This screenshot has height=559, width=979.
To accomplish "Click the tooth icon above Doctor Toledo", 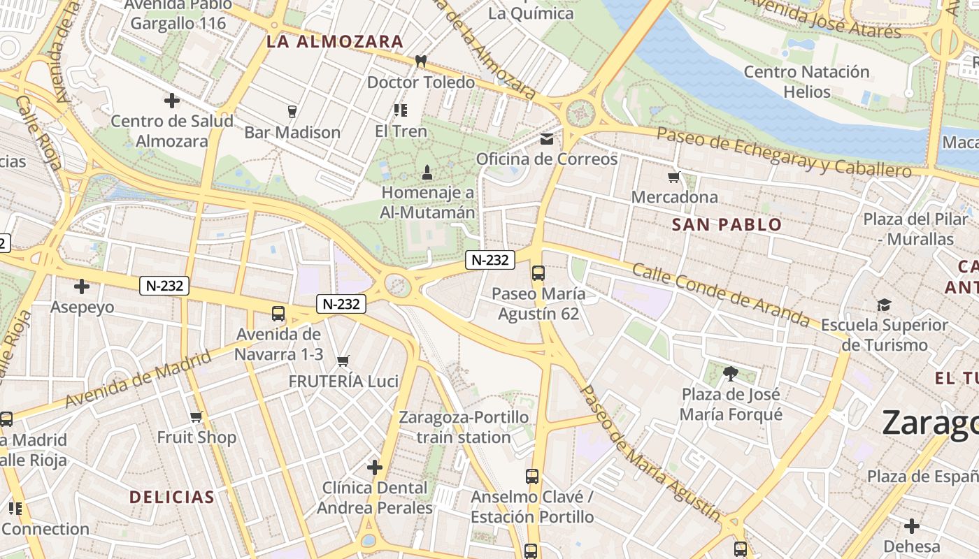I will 420,61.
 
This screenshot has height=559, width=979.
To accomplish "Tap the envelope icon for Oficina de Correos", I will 547,138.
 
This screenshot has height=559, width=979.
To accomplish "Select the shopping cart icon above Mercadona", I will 673,177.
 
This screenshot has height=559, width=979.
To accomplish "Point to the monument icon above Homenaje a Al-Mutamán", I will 427,171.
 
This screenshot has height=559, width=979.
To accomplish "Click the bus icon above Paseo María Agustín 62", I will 538,273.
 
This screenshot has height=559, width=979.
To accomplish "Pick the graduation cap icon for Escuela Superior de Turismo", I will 884,305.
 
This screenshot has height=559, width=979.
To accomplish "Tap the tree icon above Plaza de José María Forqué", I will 731,374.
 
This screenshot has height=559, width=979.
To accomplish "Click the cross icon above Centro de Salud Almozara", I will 172,101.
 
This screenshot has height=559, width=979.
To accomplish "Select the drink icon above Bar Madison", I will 292,111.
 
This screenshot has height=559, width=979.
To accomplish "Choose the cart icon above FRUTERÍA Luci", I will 343,361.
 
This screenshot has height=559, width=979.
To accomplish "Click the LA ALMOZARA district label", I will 335,42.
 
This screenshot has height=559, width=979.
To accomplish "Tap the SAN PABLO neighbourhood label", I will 727,225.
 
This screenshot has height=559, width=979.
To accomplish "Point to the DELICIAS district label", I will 171,498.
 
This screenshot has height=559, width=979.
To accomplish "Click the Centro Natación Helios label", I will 806,82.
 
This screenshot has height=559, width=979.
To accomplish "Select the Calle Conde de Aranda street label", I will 720,295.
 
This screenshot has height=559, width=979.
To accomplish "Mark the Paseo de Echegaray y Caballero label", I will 784,152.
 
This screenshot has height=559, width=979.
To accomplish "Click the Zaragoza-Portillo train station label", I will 464,427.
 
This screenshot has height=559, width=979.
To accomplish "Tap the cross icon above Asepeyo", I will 82,286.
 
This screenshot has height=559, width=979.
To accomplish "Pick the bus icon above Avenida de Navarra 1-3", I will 278,314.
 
